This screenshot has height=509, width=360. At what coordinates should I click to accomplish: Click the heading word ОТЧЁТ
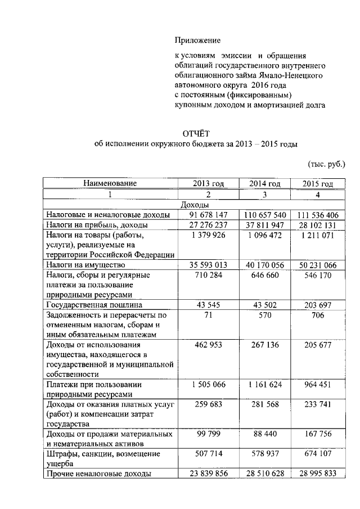tap(195, 133)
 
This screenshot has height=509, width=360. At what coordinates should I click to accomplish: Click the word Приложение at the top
tap(197, 40)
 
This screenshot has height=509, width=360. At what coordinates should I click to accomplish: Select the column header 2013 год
tap(208, 183)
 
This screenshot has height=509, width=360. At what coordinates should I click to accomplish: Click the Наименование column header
tap(110, 183)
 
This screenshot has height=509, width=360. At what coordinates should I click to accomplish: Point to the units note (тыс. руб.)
tap(326, 164)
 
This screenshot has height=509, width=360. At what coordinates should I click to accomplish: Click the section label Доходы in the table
tap(195, 205)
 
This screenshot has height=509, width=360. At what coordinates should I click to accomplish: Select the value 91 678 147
tap(208, 215)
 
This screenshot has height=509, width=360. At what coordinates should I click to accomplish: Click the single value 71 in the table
tap(208, 316)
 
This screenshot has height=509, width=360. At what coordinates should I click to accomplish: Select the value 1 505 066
tap(208, 385)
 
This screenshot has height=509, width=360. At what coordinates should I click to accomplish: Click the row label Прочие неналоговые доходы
tap(98, 474)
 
